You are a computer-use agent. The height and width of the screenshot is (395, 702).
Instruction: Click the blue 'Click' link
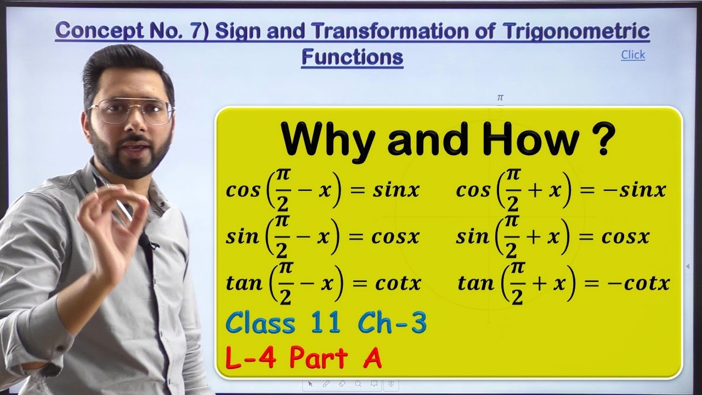coord(633,55)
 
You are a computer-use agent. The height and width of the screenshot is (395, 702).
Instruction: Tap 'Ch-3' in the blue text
coord(392,323)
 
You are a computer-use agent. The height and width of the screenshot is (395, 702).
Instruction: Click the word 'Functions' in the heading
coord(352,57)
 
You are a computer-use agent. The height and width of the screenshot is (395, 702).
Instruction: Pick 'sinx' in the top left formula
coord(395,190)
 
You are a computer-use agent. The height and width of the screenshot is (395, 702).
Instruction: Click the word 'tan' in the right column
coord(475,283)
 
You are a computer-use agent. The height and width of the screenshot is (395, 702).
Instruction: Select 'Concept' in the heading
coord(97,31)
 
